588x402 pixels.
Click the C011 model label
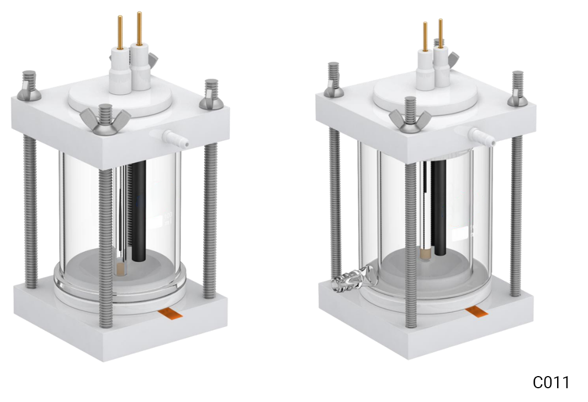tap(550, 382)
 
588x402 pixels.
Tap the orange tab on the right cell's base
tap(476, 313)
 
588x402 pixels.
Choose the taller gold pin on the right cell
tap(440, 33)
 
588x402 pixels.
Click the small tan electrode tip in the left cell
tap(121, 270)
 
